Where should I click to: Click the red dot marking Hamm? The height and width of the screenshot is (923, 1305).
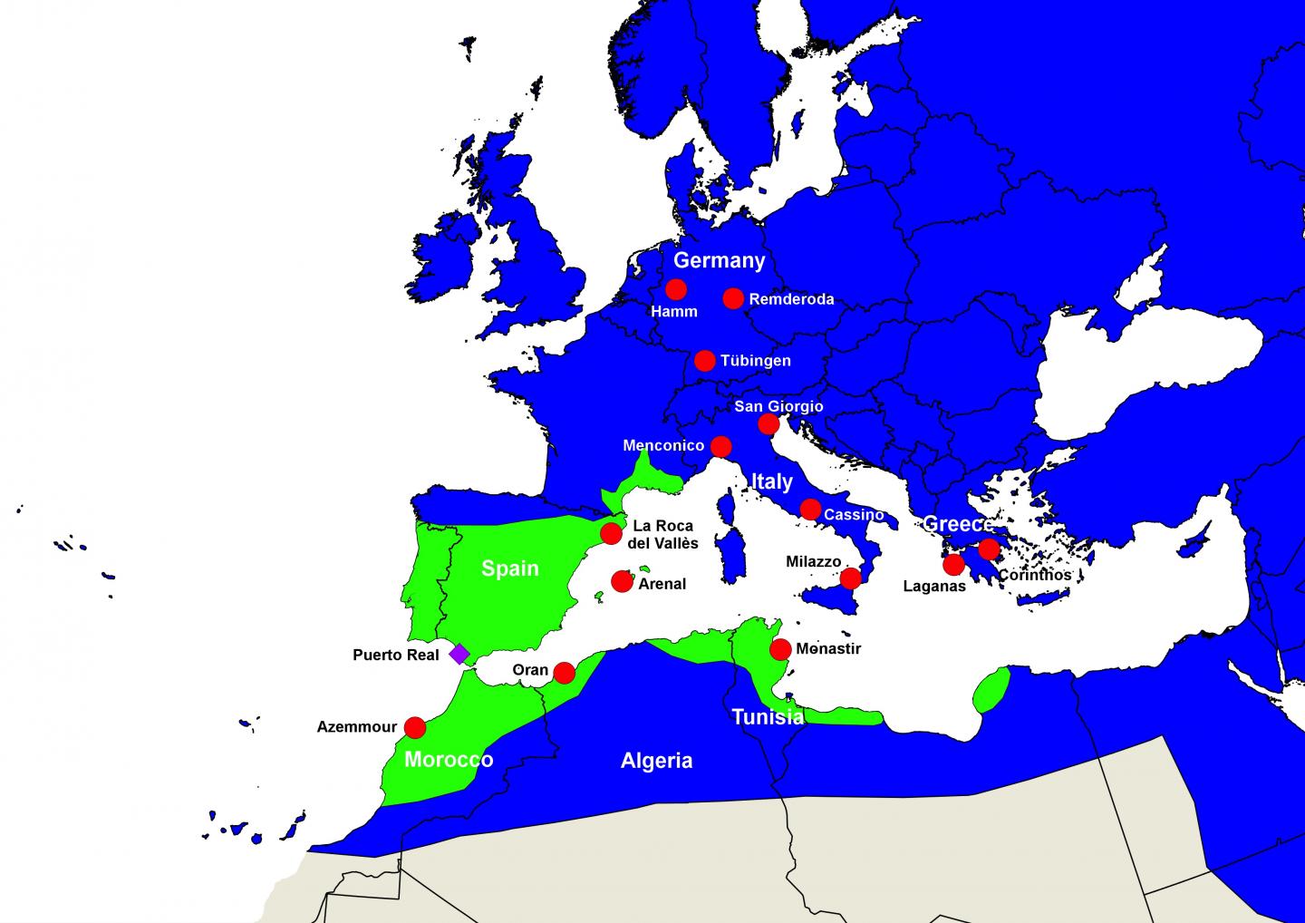675,289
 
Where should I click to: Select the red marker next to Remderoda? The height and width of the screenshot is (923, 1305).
733,298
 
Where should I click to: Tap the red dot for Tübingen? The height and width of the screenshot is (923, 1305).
704,361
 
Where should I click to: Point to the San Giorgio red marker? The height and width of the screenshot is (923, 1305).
768,424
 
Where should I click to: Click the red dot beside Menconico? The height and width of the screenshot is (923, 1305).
720,446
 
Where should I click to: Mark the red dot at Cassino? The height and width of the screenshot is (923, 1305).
810,510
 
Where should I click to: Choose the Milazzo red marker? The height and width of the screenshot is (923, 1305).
850,578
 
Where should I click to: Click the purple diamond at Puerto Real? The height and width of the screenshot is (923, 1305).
459,654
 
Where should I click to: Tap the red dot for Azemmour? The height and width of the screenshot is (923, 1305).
414,727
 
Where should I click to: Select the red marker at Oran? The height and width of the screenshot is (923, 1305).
564,673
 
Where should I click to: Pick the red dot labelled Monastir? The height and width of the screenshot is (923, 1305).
779,649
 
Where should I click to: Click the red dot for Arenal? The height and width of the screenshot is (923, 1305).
622,581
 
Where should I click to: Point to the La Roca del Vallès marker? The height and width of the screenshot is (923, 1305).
611,533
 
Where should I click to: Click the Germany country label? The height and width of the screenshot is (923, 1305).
720,261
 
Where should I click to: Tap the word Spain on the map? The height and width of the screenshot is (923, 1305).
509,568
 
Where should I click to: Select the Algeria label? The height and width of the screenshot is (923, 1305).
656,761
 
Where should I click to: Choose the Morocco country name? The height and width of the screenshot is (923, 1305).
449,760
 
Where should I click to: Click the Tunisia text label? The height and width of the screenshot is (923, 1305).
768,717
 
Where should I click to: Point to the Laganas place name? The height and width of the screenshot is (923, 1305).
934,587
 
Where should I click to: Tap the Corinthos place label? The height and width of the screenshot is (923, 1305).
1034,575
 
